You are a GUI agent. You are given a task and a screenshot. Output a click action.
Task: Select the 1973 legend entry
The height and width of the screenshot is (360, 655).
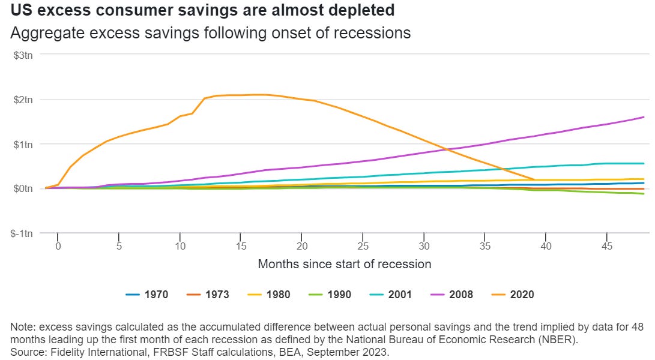click(x=208, y=295)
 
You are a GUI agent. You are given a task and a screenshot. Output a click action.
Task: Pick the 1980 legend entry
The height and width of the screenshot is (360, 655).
click(x=269, y=295)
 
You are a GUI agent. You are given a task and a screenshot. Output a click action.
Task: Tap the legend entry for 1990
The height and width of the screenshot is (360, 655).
click(x=330, y=295)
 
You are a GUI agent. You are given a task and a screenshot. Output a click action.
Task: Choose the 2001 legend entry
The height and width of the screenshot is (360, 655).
click(x=391, y=295)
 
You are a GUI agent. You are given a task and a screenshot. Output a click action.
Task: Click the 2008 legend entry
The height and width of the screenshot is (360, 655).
click(x=452, y=295)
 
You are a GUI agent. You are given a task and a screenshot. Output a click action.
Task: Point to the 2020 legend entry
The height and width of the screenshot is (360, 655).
click(x=513, y=295)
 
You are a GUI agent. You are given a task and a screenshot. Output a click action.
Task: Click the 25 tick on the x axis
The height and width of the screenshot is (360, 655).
click(x=363, y=246)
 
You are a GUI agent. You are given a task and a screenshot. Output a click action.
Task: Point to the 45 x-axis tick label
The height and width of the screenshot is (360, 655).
click(x=608, y=246)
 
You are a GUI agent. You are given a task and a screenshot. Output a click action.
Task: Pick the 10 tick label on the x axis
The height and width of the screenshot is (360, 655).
click(x=180, y=246)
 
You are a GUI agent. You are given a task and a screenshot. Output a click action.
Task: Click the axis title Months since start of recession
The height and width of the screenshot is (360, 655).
click(x=345, y=264)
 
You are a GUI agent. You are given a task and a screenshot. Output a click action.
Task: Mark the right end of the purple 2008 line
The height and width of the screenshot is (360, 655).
click(x=644, y=117)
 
